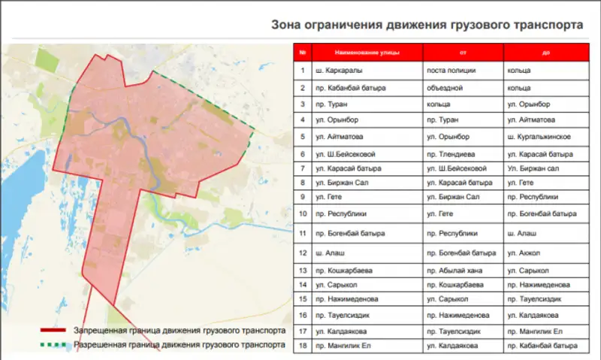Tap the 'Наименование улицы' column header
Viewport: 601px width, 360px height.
click(x=357, y=53)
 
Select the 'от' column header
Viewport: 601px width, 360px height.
click(x=463, y=53)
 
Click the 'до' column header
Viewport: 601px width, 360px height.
click(x=545, y=53)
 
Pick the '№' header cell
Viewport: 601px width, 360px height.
click(x=302, y=53)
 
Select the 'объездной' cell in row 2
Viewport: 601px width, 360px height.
click(x=444, y=87)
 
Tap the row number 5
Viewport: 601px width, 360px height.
click(x=302, y=137)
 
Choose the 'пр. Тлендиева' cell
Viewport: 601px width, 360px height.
click(x=448, y=153)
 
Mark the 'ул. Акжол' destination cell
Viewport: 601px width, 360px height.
click(x=524, y=253)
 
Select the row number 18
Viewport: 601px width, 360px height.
click(x=302, y=345)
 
